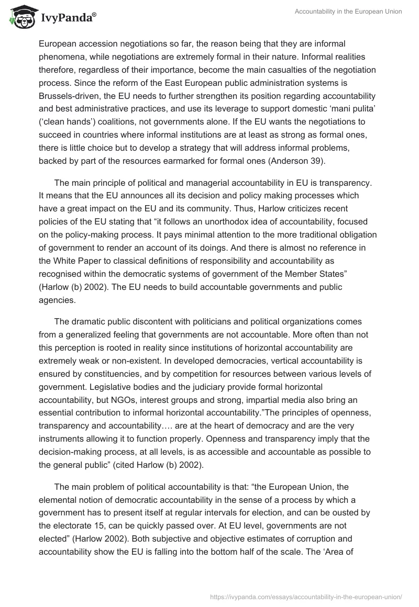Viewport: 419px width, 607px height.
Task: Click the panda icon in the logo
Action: pyautogui.click(x=20, y=18)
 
